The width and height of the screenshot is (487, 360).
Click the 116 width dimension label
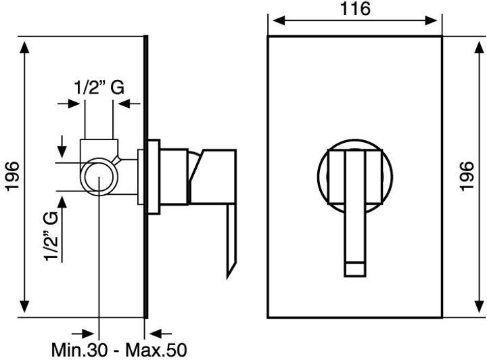(355, 8)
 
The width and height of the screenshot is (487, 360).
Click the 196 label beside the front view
(467, 176)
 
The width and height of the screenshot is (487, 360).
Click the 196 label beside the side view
(13, 176)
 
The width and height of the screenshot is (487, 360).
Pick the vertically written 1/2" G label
(51, 235)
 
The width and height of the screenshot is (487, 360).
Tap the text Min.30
(80, 350)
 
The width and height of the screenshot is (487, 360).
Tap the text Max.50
(156, 350)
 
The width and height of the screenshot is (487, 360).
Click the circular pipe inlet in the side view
(99, 177)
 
